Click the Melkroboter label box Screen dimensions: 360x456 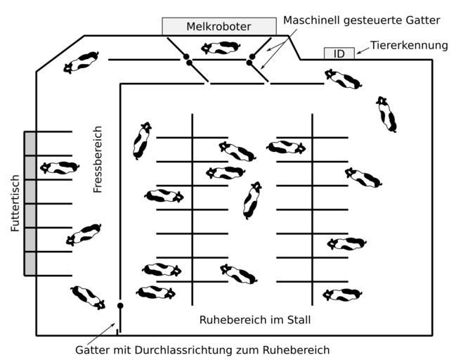click(219, 27)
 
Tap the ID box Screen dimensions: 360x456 click(339, 53)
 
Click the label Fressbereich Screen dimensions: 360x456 click(98, 159)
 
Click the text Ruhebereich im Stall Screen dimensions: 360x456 click(254, 320)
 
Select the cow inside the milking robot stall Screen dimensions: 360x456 click(219, 48)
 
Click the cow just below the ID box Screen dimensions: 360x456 click(344, 79)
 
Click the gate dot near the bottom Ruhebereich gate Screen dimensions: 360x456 click(120, 306)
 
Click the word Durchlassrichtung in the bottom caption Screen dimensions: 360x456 click(211, 350)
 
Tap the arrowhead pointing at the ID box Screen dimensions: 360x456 click(358, 51)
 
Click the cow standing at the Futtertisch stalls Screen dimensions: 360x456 click(59, 167)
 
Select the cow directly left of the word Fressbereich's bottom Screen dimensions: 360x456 click(84, 233)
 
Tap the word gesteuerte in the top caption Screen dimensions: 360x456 click(373, 20)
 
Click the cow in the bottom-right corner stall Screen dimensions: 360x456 click(342, 295)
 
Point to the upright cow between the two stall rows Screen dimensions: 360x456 click(252, 200)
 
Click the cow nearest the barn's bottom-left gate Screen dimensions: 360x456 click(89, 297)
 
